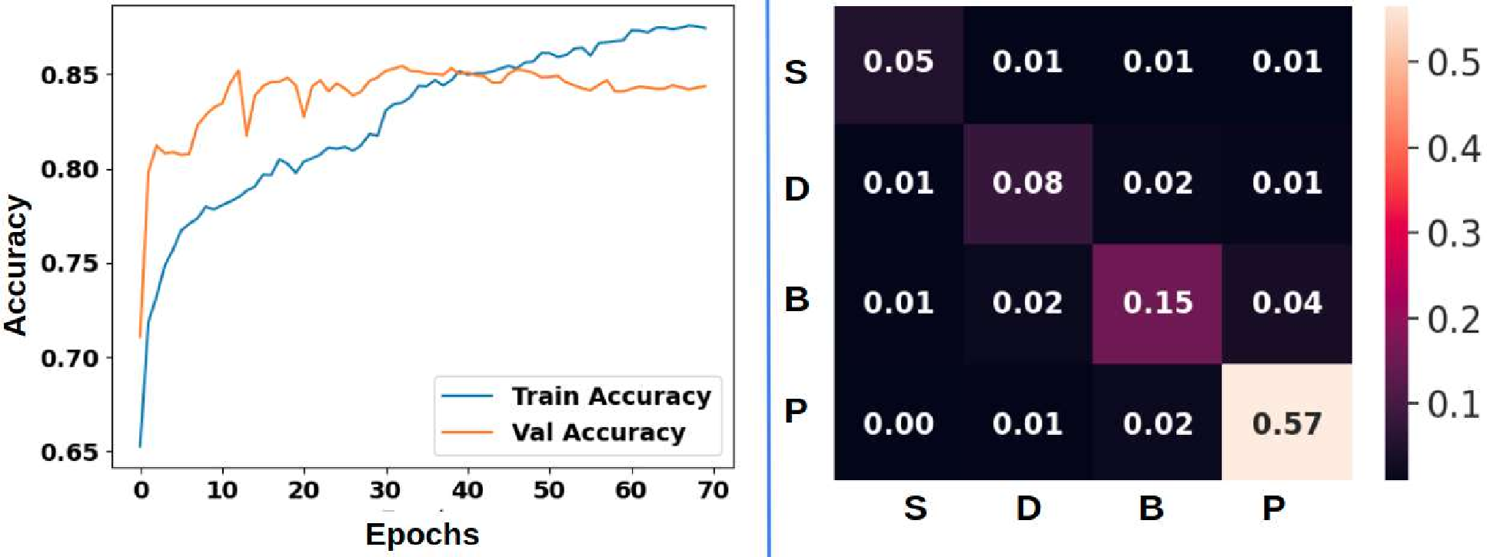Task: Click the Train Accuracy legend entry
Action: click(610, 396)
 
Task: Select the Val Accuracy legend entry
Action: click(598, 433)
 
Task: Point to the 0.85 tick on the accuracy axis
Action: click(70, 75)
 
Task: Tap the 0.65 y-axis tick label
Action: click(70, 453)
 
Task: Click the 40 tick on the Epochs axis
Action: click(467, 490)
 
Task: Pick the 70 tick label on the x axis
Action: click(713, 490)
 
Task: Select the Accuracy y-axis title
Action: click(16, 265)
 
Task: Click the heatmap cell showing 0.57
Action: click(1286, 423)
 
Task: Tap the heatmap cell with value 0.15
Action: click(1157, 303)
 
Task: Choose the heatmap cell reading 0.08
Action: click(1027, 183)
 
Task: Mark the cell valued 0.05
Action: click(898, 62)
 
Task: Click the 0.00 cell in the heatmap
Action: click(898, 423)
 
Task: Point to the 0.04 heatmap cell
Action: click(1286, 303)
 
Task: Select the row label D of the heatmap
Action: click(797, 188)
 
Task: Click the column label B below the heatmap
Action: click(1151, 508)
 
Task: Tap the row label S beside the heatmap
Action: click(796, 72)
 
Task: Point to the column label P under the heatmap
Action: click(1273, 508)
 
